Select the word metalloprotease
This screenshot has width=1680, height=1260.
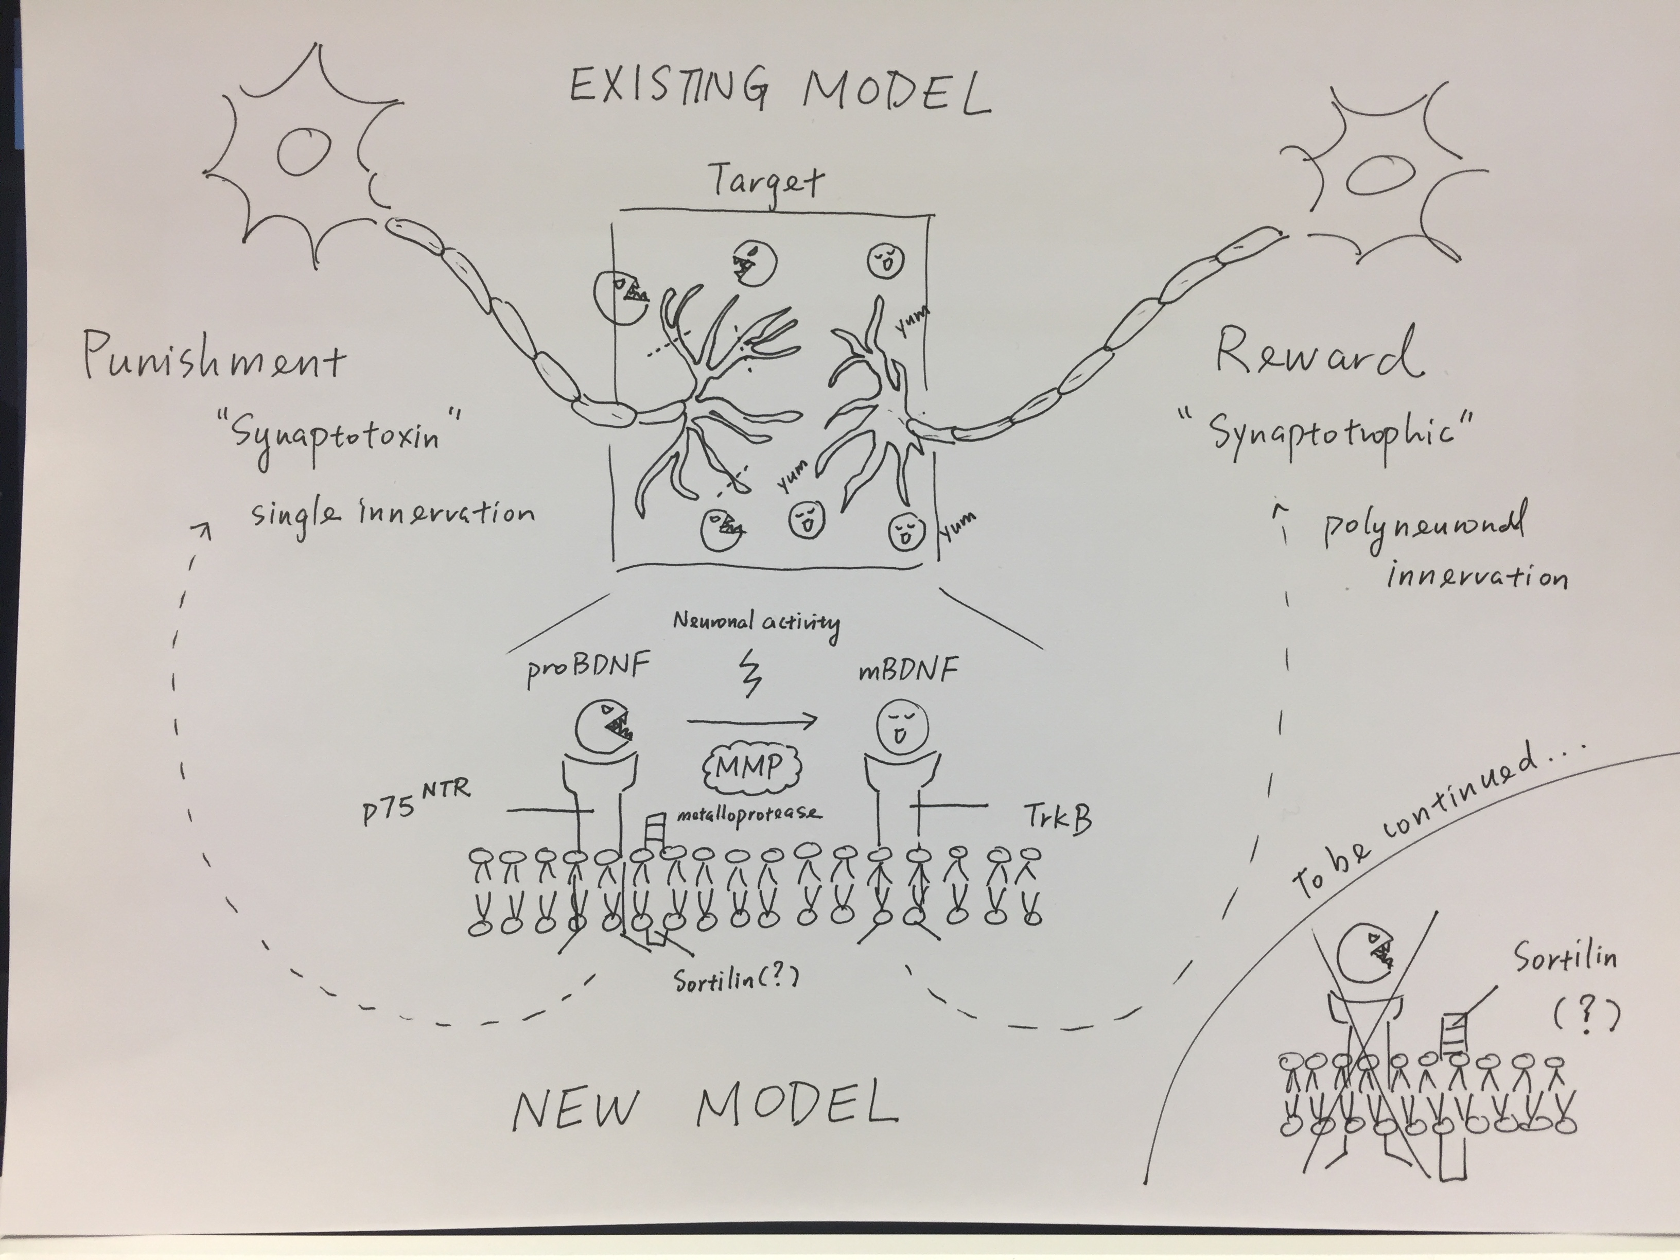[748, 813]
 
